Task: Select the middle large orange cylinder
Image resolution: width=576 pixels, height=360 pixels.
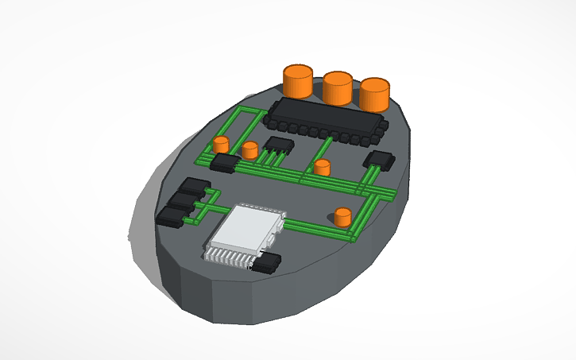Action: pos(337,87)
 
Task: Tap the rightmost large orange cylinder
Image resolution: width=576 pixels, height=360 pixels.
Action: pos(375,94)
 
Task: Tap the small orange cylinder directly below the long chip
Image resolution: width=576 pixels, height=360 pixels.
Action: pos(322,168)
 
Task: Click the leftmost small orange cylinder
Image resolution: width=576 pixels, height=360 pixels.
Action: pos(222,145)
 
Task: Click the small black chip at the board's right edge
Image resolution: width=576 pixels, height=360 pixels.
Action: pos(379,160)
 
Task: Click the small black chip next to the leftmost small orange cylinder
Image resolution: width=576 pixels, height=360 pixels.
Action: pos(226,163)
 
